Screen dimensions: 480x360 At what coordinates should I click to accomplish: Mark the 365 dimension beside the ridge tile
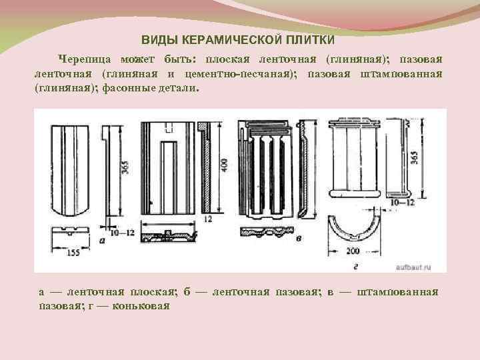(x=415, y=158)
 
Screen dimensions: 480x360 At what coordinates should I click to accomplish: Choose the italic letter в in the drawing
(x=298, y=237)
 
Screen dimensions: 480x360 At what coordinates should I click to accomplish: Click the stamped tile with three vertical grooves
(x=269, y=170)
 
